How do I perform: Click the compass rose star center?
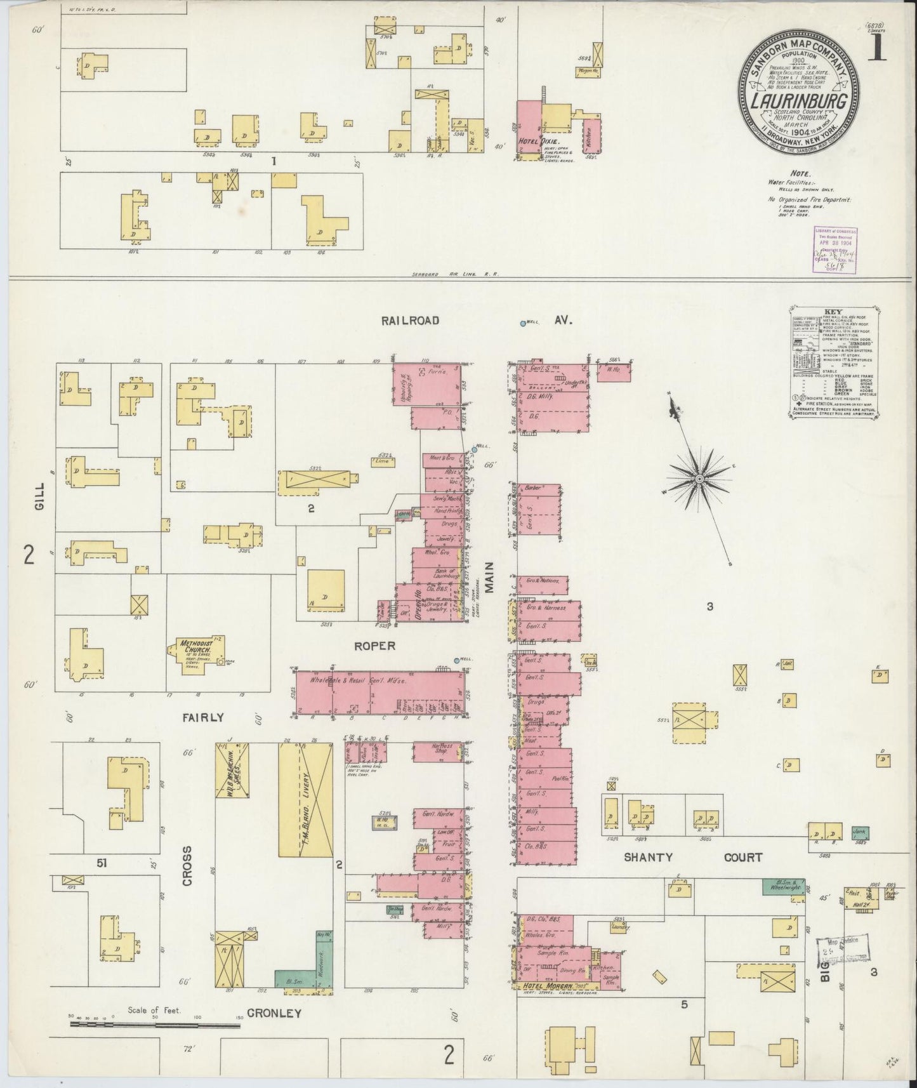click(699, 478)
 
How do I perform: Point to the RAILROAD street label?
click(410, 321)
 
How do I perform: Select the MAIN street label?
click(490, 577)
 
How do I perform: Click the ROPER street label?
click(375, 646)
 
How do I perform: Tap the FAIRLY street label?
click(203, 717)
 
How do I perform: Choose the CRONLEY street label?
click(274, 1014)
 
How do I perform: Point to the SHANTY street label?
click(647, 857)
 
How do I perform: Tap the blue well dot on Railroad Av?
click(523, 323)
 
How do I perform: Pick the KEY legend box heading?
click(833, 312)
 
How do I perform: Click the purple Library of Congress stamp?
click(833, 251)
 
